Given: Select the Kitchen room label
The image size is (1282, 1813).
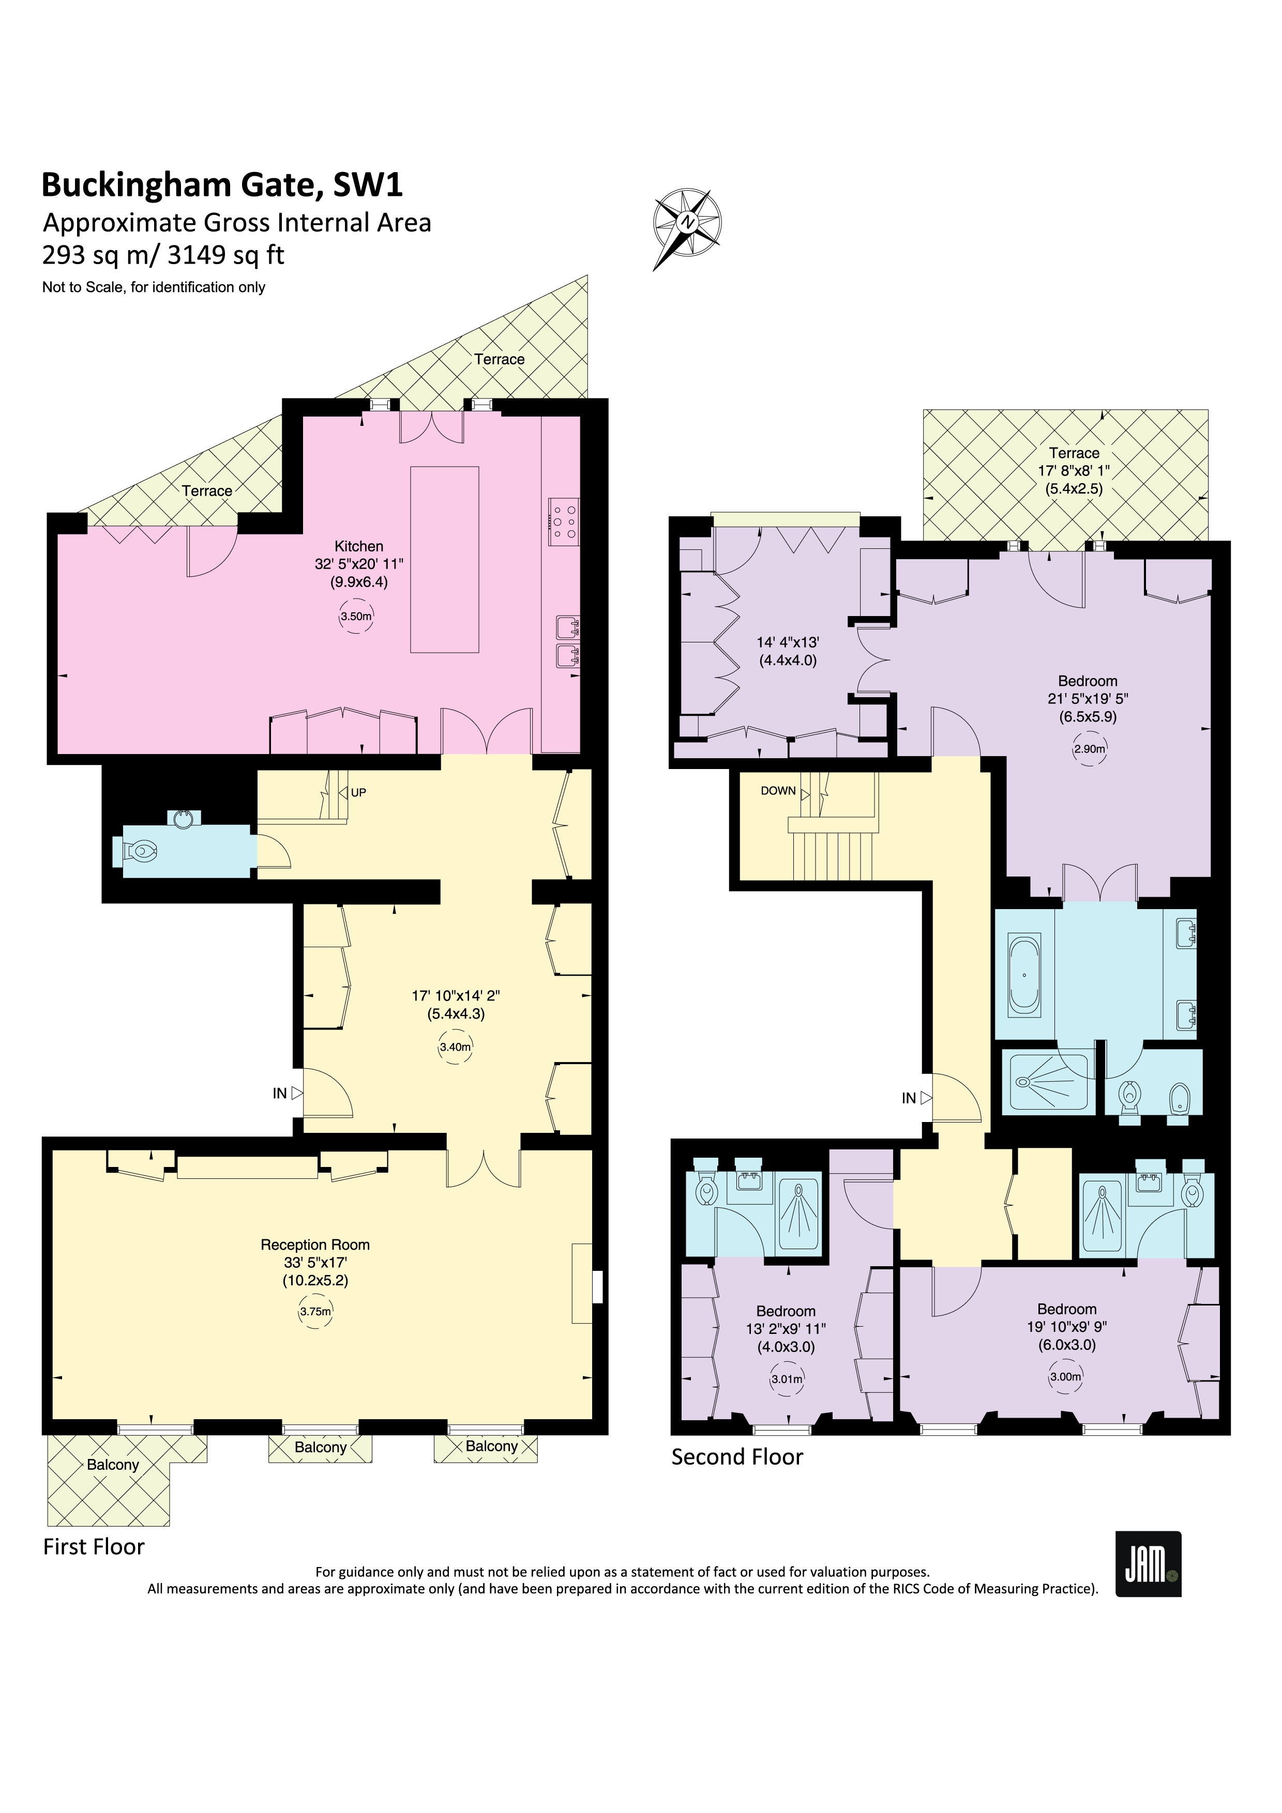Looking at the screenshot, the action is tap(358, 546).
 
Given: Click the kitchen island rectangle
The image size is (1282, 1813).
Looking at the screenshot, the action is tap(445, 559).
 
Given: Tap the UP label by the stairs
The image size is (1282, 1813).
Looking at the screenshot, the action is tap(358, 793).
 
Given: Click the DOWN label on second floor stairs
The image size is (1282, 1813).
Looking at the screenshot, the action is tap(778, 790).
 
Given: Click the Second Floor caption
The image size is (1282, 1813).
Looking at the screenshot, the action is tap(737, 1457).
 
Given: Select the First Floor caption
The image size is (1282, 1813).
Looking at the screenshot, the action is tap(94, 1546).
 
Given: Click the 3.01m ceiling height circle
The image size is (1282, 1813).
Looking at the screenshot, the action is tap(787, 1379).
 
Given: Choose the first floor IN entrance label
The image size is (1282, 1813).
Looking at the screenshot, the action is tap(280, 1094).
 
